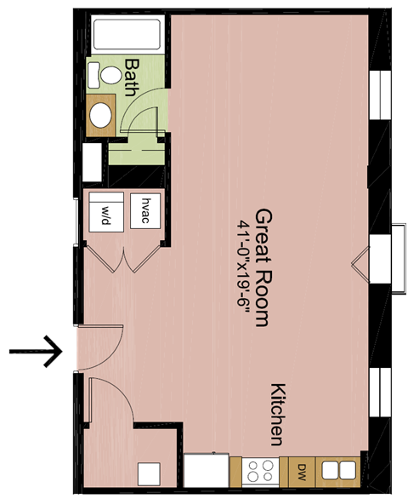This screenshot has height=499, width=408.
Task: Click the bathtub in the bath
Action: pyautogui.click(x=127, y=34)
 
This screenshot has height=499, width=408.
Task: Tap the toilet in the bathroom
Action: pyautogui.click(x=110, y=75)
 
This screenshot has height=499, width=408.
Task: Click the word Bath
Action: pyautogui.click(x=132, y=77)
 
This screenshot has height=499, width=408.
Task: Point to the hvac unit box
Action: pyautogui.click(x=145, y=210)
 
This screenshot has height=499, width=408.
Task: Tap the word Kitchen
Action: pyautogui.click(x=277, y=414)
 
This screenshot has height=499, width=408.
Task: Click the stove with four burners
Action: pyautogui.click(x=259, y=470)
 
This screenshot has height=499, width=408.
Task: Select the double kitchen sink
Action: pyautogui.click(x=338, y=470)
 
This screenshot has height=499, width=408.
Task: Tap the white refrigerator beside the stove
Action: pyautogui.click(x=207, y=470)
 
